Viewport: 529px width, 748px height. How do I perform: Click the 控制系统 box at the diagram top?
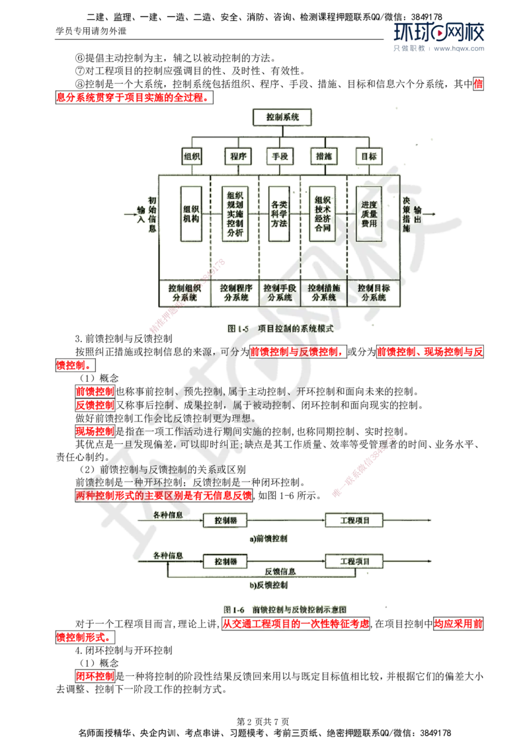click(281, 117)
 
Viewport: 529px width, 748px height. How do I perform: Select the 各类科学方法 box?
click(278, 213)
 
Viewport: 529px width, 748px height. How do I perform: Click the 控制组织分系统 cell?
click(184, 293)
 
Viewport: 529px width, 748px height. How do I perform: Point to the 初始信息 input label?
click(152, 213)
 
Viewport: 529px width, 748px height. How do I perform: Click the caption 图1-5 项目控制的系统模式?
click(280, 328)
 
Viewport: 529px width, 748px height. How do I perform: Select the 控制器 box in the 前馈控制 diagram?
click(225, 521)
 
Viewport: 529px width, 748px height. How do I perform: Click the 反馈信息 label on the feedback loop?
click(280, 571)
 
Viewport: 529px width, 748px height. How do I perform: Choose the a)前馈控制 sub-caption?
click(268, 539)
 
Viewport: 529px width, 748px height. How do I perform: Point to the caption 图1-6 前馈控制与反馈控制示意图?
click(286, 609)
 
